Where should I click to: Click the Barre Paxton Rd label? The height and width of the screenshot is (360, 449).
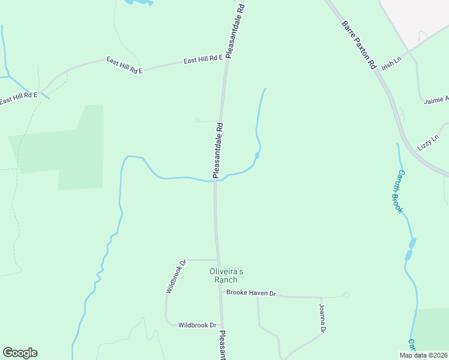[x=359, y=46]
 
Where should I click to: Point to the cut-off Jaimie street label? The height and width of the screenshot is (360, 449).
[x=436, y=100]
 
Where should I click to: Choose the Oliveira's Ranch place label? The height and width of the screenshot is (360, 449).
[x=223, y=275]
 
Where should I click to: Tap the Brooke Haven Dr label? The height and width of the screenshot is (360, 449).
[x=250, y=293]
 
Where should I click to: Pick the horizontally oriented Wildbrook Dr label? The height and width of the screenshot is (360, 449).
[x=197, y=325]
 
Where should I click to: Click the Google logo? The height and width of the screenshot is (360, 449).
[x=20, y=353]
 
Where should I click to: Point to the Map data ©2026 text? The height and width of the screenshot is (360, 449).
[x=423, y=355]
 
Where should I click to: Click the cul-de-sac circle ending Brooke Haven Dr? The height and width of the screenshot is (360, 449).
[x=346, y=295]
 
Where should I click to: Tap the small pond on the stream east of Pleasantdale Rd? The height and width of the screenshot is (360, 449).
[x=257, y=156]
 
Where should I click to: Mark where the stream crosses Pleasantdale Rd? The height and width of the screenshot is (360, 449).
[x=215, y=179]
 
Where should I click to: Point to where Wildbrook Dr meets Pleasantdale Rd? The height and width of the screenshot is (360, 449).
[x=217, y=260]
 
